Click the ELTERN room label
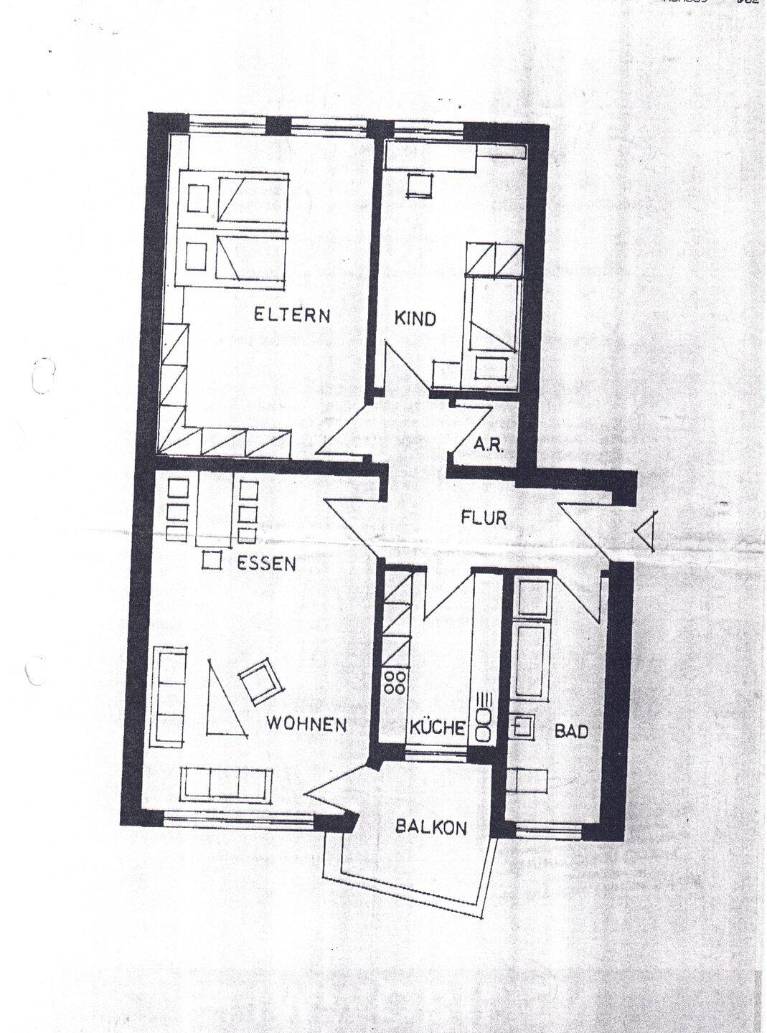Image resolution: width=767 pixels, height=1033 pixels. point(292,315)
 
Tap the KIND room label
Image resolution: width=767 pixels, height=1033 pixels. point(415,318)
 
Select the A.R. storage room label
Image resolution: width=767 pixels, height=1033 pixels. point(489,444)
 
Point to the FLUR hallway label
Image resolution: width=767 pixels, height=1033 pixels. point(484,517)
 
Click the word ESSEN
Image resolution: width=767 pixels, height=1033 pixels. point(266,564)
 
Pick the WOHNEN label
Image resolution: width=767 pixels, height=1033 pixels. point(306,725)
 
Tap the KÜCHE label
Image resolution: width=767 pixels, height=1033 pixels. point(437,729)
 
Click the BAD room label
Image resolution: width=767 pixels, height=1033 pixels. point(571,731)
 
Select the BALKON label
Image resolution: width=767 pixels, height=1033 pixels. point(431,827)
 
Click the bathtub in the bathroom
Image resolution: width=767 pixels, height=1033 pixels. point(531,660)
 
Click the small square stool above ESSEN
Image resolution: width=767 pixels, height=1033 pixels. point(211,560)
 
